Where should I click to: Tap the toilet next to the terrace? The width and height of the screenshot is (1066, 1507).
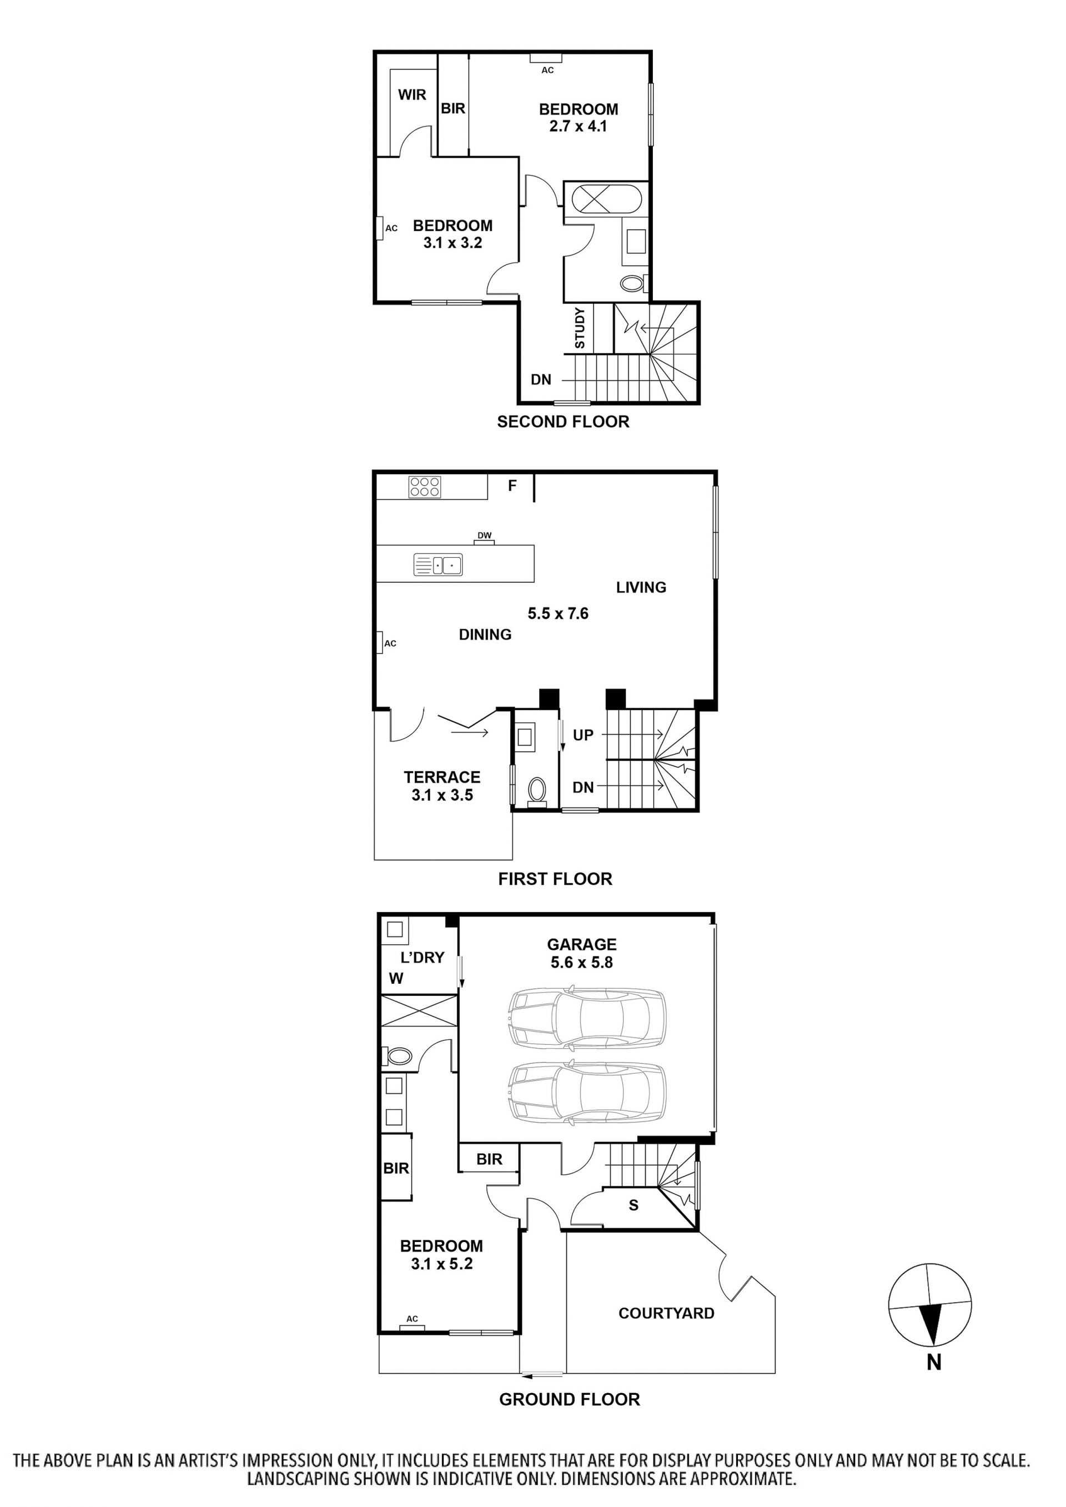tap(537, 790)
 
